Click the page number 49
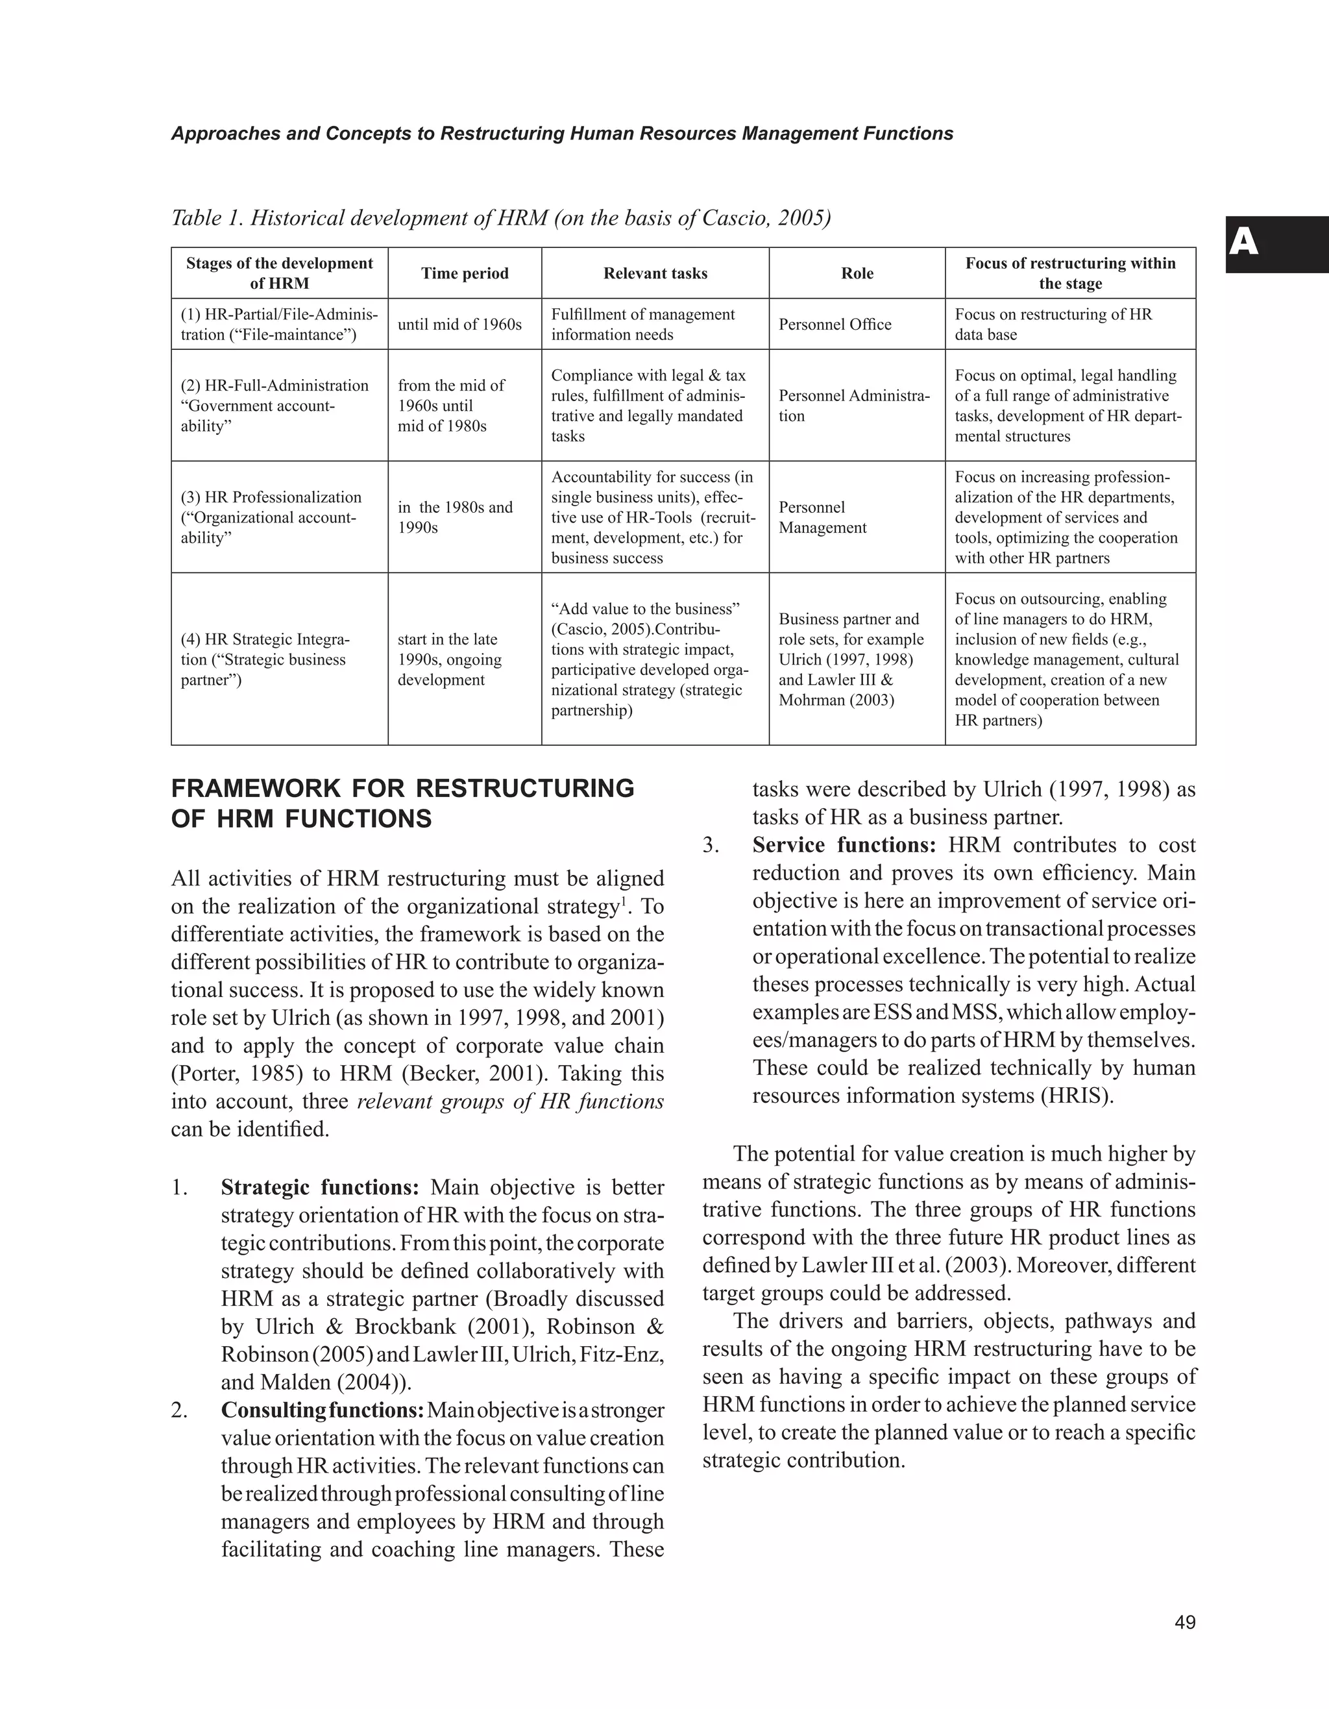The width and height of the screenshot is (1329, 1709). (1184, 1622)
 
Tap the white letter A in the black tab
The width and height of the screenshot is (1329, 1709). (1244, 243)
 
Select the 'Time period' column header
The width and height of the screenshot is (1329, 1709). (465, 273)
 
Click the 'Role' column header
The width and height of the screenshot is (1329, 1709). (857, 273)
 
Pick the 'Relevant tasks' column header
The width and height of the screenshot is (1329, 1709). (655, 273)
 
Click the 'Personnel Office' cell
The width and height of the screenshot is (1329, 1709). (835, 324)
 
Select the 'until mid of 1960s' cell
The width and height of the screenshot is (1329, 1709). (459, 324)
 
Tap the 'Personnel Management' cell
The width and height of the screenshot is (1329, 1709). (822, 517)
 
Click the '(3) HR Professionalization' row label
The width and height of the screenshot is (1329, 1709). (271, 497)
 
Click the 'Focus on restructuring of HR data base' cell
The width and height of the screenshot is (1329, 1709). (1053, 324)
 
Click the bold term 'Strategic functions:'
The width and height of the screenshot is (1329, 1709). (320, 1187)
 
